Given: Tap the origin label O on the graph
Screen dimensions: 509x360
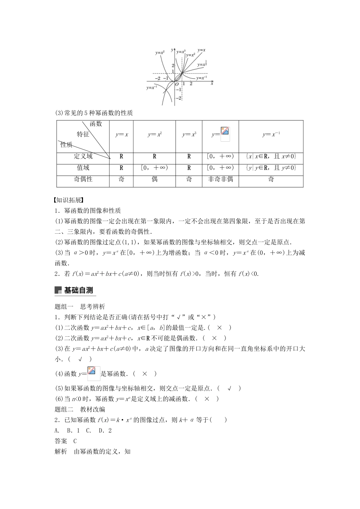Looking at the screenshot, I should click(177, 84).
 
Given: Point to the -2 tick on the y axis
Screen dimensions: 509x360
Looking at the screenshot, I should click(178, 98).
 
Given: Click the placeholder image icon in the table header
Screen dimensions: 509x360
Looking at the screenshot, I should click(225, 134).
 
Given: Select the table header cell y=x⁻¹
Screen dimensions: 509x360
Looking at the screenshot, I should click(271, 134).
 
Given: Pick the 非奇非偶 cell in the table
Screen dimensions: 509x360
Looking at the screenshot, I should click(220, 179).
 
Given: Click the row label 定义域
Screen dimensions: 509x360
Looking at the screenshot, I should click(83, 156).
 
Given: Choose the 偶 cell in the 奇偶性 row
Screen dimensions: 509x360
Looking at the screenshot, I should click(154, 179).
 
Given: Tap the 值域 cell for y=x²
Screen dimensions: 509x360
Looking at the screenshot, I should click(154, 167).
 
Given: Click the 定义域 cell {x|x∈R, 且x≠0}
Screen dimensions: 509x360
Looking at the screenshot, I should click(271, 156).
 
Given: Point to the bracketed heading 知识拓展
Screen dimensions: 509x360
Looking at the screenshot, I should click(69, 200).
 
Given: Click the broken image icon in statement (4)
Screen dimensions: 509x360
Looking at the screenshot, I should click(93, 373).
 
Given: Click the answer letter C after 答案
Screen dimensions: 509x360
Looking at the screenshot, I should click(75, 441).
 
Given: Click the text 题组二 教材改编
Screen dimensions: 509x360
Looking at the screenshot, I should click(80, 409).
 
